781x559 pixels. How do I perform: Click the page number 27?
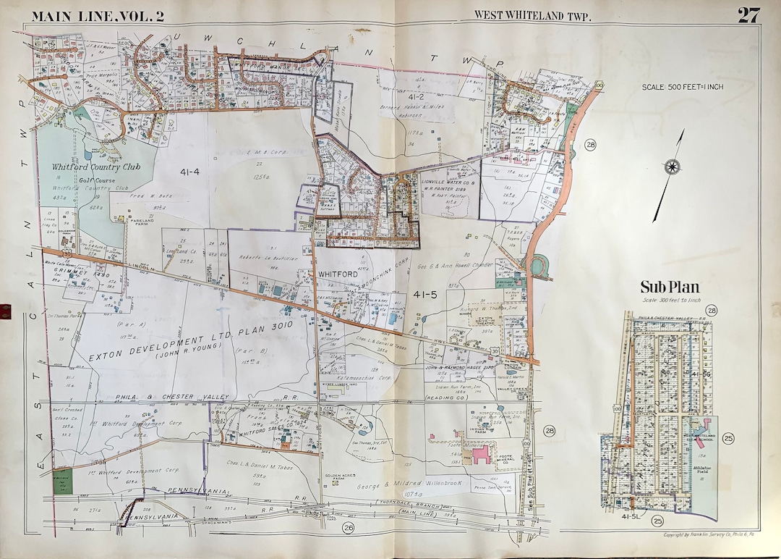(748, 15)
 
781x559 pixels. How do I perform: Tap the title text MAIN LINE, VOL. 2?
(98, 16)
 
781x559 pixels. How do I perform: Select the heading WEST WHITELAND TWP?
(532, 15)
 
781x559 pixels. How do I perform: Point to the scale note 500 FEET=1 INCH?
(683, 87)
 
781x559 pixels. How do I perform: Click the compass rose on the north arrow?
(673, 167)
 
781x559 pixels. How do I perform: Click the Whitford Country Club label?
(96, 167)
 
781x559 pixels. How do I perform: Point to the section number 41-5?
(425, 294)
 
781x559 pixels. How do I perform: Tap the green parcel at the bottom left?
(63, 481)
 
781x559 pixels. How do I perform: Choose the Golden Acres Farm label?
(338, 476)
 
